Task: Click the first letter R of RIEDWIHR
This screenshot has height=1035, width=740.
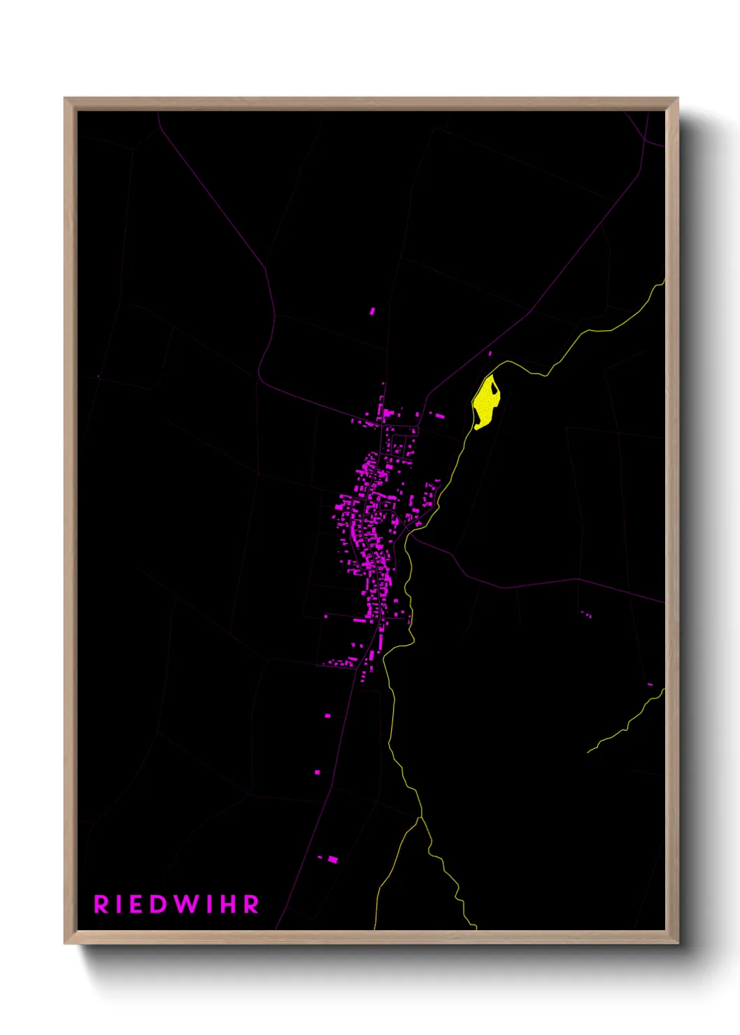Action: (x=101, y=904)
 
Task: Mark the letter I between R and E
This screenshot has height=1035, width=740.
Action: (x=120, y=904)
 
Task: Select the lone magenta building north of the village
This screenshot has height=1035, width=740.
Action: (x=372, y=310)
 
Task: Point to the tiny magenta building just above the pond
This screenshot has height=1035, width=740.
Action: (x=490, y=354)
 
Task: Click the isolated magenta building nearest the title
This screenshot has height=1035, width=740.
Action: (x=333, y=859)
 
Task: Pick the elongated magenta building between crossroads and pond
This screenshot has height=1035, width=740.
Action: (x=440, y=416)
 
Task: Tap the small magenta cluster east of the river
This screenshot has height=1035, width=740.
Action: (x=586, y=615)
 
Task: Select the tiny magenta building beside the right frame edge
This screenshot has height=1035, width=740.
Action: (x=650, y=684)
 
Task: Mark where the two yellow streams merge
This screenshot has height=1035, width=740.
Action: (x=420, y=817)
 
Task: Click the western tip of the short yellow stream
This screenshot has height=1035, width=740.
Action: (x=588, y=752)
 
